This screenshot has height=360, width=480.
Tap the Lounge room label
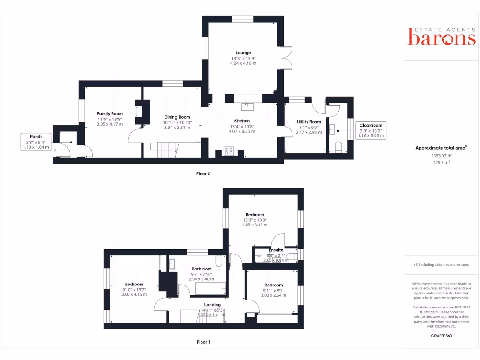(x=243, y=53)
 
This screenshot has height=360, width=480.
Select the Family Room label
(x=110, y=114)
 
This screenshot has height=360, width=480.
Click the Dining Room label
(x=177, y=117)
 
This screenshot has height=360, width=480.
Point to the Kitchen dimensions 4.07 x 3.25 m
(x=242, y=132)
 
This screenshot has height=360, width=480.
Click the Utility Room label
(x=309, y=122)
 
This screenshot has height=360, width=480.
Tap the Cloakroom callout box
(x=371, y=130)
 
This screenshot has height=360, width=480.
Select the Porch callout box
(x=36, y=142)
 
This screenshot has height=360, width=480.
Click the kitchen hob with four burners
(x=229, y=151)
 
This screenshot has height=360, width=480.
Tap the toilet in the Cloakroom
(x=339, y=148)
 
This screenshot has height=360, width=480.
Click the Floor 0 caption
(x=203, y=174)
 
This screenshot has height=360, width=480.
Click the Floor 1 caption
(x=203, y=342)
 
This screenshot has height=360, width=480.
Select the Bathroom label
(x=201, y=269)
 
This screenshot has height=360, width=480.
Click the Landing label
(x=212, y=305)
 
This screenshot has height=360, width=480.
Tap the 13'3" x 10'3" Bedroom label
(x=255, y=215)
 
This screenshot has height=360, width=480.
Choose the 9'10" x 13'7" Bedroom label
(x=134, y=285)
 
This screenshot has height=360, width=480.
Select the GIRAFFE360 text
(x=442, y=336)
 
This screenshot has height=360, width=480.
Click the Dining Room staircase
(x=164, y=150)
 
